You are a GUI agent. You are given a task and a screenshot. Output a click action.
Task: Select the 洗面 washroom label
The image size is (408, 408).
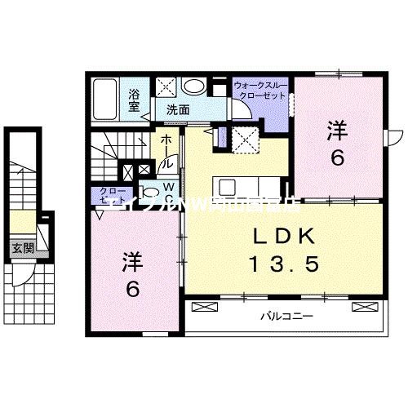(x=178, y=109)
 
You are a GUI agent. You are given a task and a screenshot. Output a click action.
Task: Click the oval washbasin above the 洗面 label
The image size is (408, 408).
(x=193, y=86)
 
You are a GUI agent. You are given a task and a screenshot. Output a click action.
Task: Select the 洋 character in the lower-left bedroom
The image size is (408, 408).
(x=133, y=262)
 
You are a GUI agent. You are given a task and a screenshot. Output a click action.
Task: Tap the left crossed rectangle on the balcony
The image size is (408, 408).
(x=206, y=308)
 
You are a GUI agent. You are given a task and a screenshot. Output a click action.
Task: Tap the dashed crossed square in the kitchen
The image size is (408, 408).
(x=244, y=139)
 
